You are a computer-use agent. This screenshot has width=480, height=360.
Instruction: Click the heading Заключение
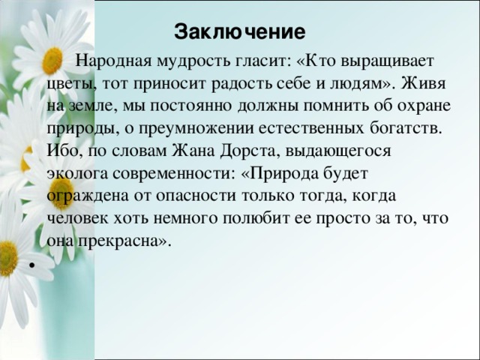point(240,31)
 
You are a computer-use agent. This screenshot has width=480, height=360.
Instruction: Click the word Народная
point(114,61)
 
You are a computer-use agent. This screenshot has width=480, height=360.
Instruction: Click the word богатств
point(406,128)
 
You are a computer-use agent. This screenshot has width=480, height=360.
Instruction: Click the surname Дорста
point(250,151)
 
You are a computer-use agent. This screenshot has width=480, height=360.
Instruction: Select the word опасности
point(196,196)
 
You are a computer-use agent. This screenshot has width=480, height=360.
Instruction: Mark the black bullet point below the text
point(31,265)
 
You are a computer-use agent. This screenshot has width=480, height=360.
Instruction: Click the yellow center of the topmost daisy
point(52,61)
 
